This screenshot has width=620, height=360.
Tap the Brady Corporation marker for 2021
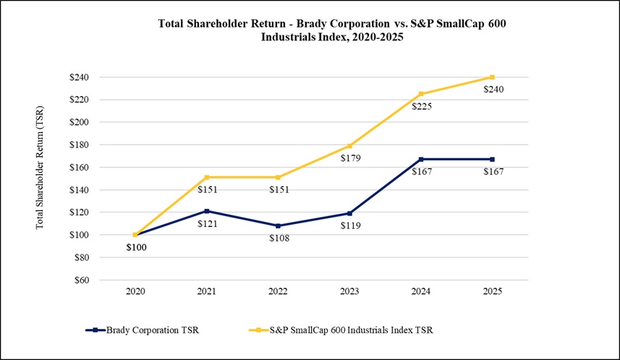[x=208, y=211]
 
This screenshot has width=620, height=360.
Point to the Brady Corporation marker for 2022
[x=279, y=226]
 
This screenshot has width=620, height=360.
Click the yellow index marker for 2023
[x=350, y=146]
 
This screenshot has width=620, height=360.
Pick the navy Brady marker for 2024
[x=421, y=159]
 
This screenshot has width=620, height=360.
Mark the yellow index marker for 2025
[x=492, y=77]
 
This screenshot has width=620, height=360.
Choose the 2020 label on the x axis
[x=136, y=291]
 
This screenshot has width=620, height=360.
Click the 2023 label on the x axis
[x=350, y=291]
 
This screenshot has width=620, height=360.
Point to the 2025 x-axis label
[x=492, y=291]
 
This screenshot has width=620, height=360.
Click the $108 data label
[x=280, y=238]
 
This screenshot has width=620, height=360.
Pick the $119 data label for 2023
[x=352, y=226]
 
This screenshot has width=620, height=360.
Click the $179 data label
[x=352, y=158]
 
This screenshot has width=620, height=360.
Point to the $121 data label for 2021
[x=209, y=223]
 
